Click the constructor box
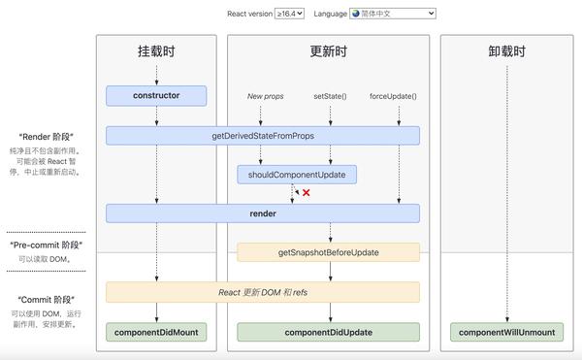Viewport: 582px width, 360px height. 156,95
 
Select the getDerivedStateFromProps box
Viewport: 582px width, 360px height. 263,135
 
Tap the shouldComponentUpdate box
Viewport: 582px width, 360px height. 297,175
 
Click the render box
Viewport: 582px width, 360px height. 263,213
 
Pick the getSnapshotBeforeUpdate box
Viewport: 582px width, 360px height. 328,252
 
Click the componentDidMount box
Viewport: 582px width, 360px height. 156,332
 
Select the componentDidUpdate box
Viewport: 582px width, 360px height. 328,332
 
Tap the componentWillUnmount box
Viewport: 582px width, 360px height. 507,332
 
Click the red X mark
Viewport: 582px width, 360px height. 307,193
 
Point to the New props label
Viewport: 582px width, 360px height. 265,97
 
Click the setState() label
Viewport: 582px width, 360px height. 330,97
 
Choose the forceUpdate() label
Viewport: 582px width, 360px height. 394,97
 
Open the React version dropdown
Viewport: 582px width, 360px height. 289,14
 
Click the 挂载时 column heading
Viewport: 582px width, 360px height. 156,50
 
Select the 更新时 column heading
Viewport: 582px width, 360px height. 328,50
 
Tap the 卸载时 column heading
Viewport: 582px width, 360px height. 507,50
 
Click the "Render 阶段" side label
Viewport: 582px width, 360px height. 47,137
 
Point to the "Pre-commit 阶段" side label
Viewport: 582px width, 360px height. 47,245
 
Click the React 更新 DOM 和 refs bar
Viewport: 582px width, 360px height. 263,292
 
